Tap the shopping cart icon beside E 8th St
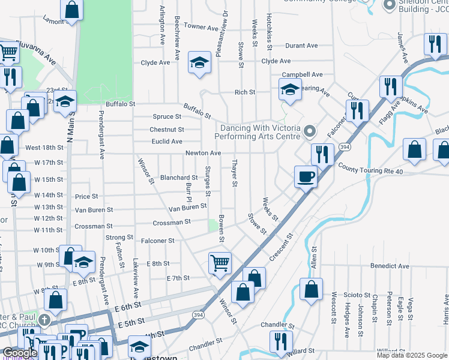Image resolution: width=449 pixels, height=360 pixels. tap(220, 262)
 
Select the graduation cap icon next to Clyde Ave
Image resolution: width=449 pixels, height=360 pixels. tap(199, 62)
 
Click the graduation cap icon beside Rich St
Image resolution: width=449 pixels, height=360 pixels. tap(290, 90)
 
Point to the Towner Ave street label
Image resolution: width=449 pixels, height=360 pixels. tap(201, 27)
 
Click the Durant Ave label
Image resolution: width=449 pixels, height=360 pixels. tap(301, 46)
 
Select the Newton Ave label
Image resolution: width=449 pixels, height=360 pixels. tap(203, 153)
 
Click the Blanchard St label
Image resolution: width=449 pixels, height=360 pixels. tap(179, 178)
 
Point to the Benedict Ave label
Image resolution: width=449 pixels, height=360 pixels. tap(390, 266)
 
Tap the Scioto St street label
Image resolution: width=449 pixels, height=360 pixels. tap(358, 295)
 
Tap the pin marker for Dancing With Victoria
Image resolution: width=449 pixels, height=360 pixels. tap(309, 130)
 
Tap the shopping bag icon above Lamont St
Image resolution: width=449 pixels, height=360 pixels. tap(71, 10)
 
